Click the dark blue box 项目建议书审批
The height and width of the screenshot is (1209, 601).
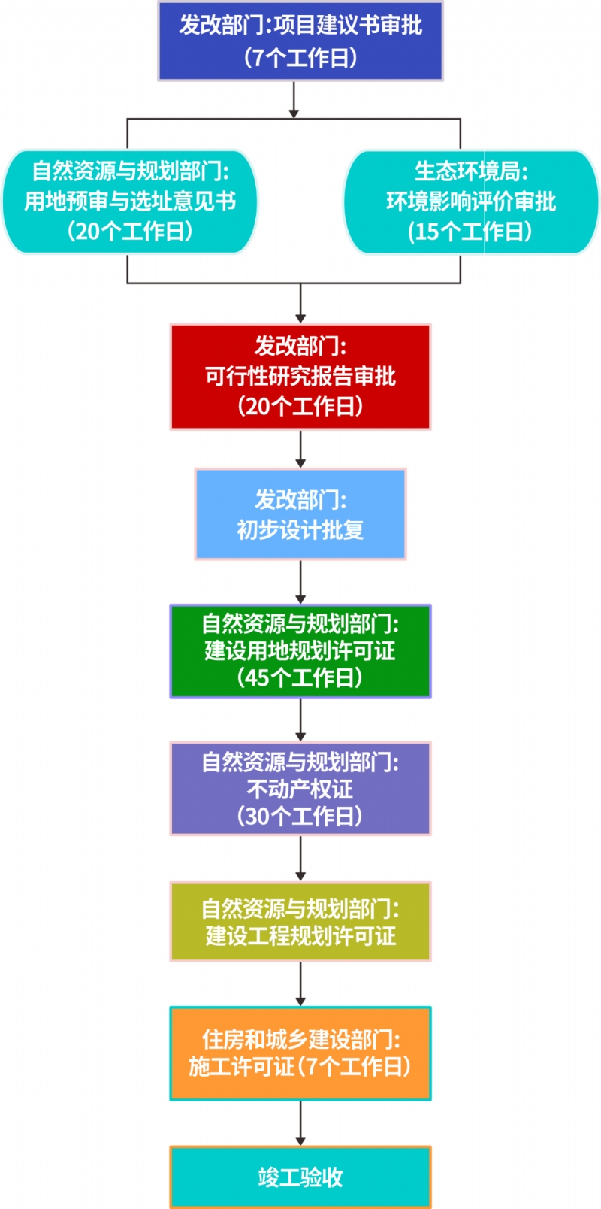(300, 41)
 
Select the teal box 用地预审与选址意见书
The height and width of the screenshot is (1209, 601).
(130, 201)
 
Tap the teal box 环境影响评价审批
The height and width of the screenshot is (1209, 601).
(471, 201)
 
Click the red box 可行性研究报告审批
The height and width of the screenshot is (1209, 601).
(300, 377)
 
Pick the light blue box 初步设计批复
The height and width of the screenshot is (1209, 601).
(300, 514)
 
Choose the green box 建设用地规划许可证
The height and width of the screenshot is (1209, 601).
(300, 651)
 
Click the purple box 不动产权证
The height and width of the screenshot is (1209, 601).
(300, 789)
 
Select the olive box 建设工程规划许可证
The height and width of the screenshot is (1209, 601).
(300, 922)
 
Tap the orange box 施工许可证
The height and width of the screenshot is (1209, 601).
(300, 1053)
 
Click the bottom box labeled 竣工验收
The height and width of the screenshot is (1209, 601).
(300, 1177)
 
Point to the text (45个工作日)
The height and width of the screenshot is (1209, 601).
(300, 677)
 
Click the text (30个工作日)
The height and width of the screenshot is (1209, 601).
(300, 816)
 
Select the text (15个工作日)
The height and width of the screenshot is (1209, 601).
(470, 232)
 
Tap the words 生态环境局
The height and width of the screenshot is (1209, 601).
(471, 171)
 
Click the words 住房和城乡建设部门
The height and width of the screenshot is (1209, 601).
(301, 1039)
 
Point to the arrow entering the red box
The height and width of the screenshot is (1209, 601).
(300, 303)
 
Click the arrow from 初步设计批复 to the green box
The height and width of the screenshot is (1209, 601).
(300, 582)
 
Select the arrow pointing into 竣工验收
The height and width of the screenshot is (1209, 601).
(300, 1123)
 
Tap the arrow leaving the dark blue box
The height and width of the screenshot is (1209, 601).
(294, 100)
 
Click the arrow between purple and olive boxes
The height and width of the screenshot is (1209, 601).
(300, 859)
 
